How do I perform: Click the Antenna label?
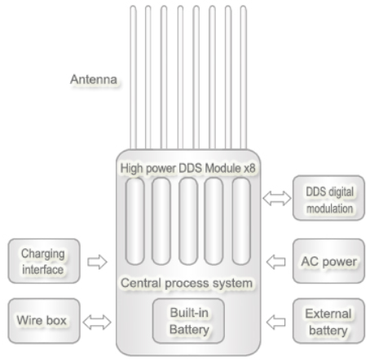pos(94,79)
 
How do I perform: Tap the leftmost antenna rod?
pos(133,77)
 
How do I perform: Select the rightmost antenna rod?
pos(244,77)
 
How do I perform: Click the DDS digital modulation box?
pos(328,198)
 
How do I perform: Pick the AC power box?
pos(328,261)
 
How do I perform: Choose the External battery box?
pos(328,321)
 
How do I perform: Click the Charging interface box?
pos(44,261)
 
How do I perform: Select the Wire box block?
pos(44,321)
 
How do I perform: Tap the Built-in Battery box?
pos(188,321)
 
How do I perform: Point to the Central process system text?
pos(187,283)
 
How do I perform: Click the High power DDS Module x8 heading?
pos(187,168)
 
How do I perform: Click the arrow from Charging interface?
pos(97,262)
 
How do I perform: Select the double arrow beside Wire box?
pos(97,323)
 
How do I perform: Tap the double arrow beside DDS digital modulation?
pos(277,198)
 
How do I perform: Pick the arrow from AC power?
pos(276,262)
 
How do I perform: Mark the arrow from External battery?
pos(276,323)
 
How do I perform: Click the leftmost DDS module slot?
pos(134,222)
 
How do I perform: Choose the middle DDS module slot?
pos(188,222)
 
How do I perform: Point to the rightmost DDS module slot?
pos(241,222)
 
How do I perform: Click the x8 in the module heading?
pos(249,169)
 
